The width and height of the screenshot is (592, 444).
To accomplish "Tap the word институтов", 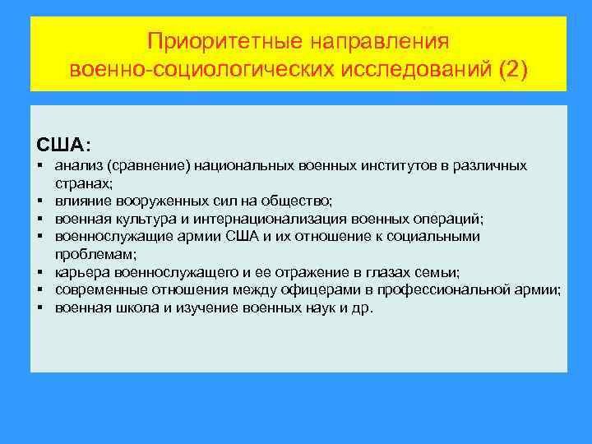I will [398, 166].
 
